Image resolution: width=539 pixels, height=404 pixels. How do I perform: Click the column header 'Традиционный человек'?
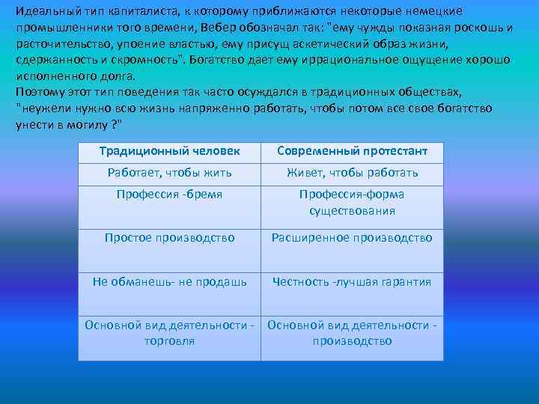[x=169, y=151]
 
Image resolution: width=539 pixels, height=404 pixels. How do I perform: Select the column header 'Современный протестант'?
[x=352, y=151]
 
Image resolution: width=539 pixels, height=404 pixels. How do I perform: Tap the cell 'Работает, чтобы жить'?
[x=169, y=173]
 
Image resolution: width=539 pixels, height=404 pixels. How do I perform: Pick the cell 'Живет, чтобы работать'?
[x=352, y=173]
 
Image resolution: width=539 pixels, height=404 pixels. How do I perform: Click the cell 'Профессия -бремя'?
[x=169, y=195]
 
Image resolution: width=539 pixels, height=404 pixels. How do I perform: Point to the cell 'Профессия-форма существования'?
[x=352, y=203]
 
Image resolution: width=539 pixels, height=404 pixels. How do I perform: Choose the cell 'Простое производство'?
[x=169, y=238]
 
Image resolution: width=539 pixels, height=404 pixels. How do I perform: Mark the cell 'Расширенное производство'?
[x=352, y=238]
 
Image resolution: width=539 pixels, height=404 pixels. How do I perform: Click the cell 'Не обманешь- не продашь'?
[x=169, y=281]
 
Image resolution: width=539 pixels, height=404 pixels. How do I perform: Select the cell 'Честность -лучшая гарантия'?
[x=352, y=281]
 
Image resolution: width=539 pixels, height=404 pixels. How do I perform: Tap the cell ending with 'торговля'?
[x=169, y=333]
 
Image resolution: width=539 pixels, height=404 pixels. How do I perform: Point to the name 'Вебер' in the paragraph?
[x=220, y=28]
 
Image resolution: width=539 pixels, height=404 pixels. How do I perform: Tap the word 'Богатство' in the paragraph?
[x=222, y=60]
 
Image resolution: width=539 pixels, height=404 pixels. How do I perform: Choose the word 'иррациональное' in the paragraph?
[x=350, y=60]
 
